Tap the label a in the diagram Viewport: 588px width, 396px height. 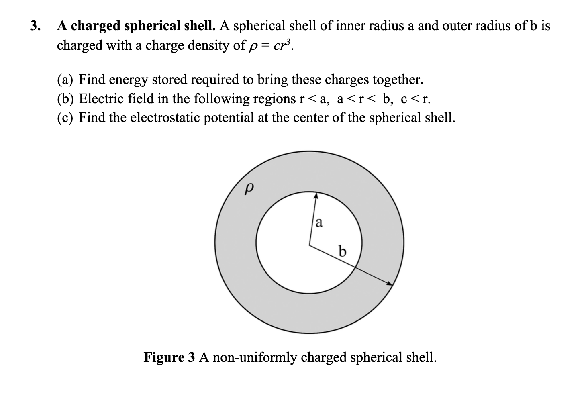(x=319, y=222)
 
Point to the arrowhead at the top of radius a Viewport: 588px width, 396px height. (x=316, y=196)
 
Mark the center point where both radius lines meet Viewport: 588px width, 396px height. (x=309, y=244)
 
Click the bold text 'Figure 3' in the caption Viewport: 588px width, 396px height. (x=169, y=357)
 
